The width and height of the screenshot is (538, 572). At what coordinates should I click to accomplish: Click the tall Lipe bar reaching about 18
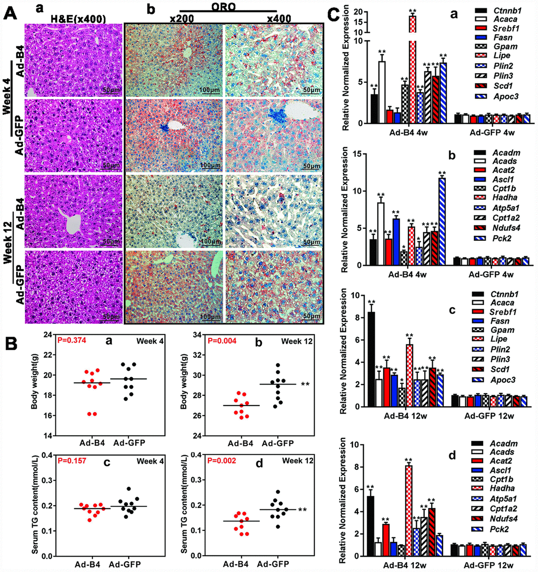click(412, 67)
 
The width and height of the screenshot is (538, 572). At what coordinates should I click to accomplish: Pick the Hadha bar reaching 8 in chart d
click(408, 511)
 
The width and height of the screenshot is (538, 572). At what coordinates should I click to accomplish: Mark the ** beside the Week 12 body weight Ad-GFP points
click(305, 384)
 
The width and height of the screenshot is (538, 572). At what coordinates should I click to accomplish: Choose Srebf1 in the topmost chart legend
click(493, 28)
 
